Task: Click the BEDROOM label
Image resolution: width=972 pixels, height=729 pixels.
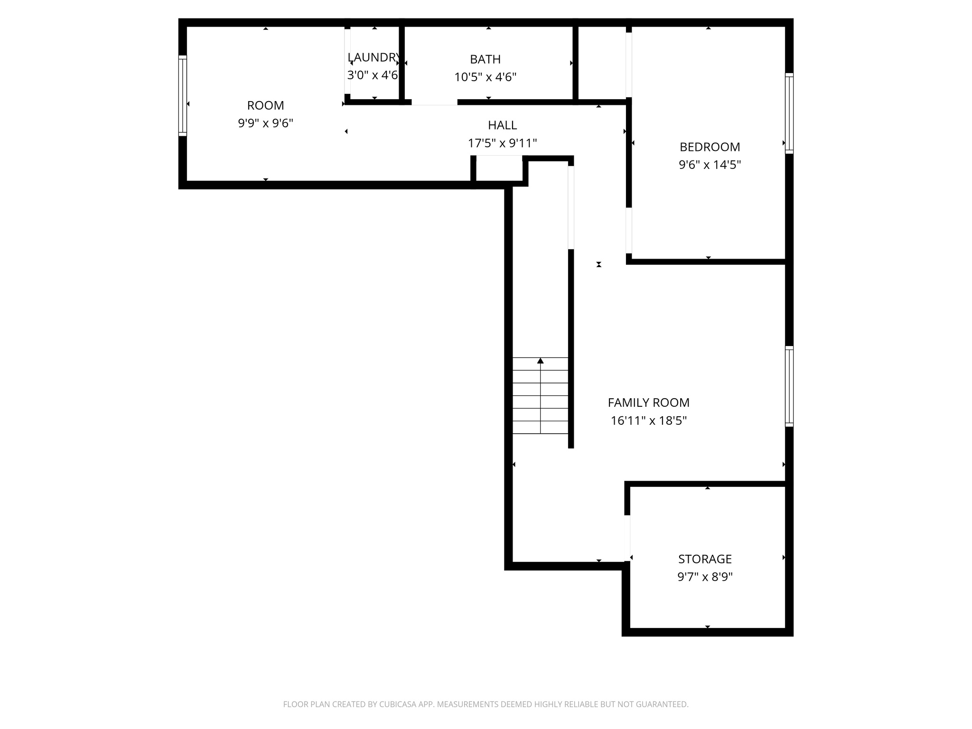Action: (710, 147)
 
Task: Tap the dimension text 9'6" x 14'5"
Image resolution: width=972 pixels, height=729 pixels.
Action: (710, 165)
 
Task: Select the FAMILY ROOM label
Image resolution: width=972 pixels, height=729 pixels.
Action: (648, 403)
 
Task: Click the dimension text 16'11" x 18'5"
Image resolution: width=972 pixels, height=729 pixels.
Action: (648, 421)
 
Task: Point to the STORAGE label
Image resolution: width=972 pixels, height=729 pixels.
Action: (705, 559)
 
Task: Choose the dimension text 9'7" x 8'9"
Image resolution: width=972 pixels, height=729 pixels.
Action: (705, 577)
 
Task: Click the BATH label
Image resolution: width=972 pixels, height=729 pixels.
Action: (485, 59)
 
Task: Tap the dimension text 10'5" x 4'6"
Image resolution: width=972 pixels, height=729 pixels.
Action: (485, 77)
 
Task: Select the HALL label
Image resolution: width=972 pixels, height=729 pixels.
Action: (502, 125)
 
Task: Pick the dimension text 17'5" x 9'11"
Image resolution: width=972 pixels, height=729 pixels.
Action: (502, 143)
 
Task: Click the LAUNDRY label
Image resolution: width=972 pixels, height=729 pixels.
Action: (374, 57)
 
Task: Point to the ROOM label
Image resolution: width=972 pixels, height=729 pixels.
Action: (265, 105)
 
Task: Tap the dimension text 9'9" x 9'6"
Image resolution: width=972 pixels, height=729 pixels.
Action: (265, 123)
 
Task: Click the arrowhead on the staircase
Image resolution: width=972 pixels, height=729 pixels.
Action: (540, 361)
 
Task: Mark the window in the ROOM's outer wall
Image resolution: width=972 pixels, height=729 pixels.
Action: (182, 96)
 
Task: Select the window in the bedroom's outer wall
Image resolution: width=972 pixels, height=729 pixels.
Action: (789, 113)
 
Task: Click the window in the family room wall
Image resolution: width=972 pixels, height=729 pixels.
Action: (789, 386)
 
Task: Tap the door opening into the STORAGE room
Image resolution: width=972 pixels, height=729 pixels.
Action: (628, 538)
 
